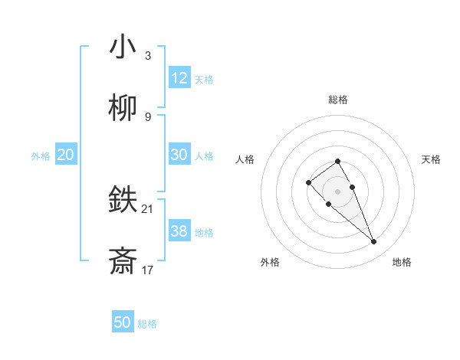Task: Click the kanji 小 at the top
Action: [x=123, y=47]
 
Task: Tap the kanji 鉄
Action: [x=123, y=200]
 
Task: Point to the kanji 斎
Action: [x=123, y=261]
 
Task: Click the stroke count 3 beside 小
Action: [x=148, y=55]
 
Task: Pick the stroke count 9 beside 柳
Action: [x=148, y=116]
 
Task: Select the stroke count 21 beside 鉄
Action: [x=148, y=208]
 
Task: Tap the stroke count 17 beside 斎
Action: [x=148, y=270]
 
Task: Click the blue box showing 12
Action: [x=179, y=78]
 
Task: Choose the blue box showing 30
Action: [x=179, y=155]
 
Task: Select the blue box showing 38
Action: [x=179, y=231]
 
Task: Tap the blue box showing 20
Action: [x=66, y=155]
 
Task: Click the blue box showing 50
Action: [x=123, y=322]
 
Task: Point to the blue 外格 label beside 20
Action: [x=41, y=156]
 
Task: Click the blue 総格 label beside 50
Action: [x=147, y=324]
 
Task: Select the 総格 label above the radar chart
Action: [x=337, y=100]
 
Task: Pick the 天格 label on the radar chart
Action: [x=431, y=159]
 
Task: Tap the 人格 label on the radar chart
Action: [x=245, y=159]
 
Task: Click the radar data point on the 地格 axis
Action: [x=373, y=242]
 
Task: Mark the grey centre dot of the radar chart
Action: [x=337, y=191]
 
